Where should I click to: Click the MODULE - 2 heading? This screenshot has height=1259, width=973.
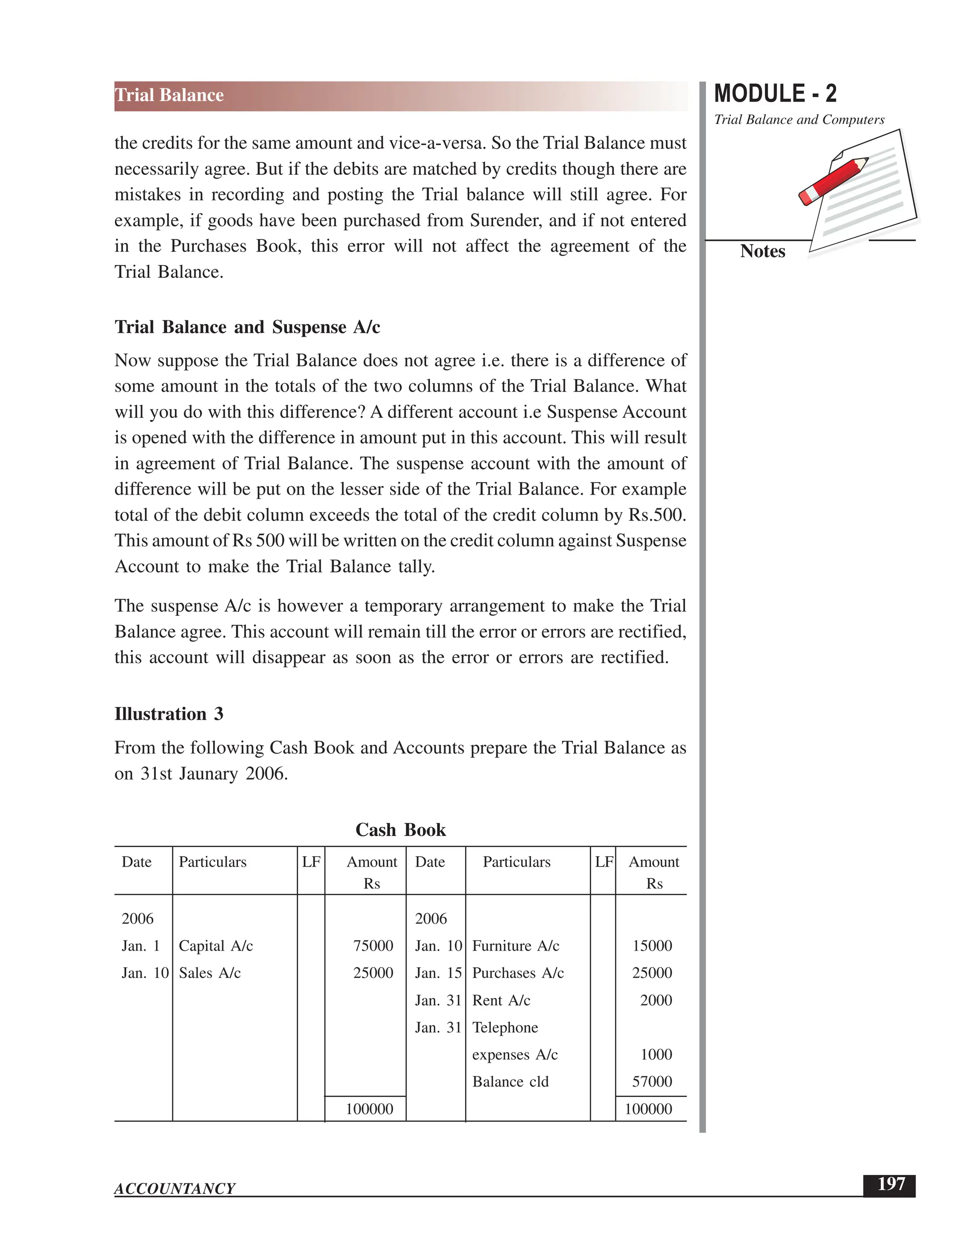pyautogui.click(x=775, y=94)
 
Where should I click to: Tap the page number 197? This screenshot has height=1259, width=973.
pyautogui.click(x=891, y=1184)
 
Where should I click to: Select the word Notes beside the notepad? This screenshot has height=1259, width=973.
pyautogui.click(x=762, y=251)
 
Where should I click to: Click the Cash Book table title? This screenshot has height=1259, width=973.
pyautogui.click(x=400, y=830)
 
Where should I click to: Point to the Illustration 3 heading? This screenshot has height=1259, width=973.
pyautogui.click(x=169, y=714)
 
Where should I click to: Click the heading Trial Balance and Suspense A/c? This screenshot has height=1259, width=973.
pyautogui.click(x=247, y=327)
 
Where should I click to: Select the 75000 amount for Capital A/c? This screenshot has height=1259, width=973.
pyautogui.click(x=373, y=946)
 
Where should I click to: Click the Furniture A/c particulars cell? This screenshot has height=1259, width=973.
pyautogui.click(x=515, y=946)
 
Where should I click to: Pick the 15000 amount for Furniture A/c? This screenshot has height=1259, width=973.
pyautogui.click(x=652, y=946)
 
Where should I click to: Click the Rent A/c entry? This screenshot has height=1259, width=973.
pyautogui.click(x=501, y=1000)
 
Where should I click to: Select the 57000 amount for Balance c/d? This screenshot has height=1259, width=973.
pyautogui.click(x=652, y=1081)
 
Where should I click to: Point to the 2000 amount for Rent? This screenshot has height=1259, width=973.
pyautogui.click(x=656, y=1000)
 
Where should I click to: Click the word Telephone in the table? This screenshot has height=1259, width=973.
pyautogui.click(x=505, y=1027)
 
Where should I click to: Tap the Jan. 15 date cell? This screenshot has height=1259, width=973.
pyautogui.click(x=438, y=973)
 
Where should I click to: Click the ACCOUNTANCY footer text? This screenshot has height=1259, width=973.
pyautogui.click(x=175, y=1189)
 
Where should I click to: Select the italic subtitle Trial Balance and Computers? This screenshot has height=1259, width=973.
pyautogui.click(x=799, y=120)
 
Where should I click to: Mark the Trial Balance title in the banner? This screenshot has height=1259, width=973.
pyautogui.click(x=170, y=95)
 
